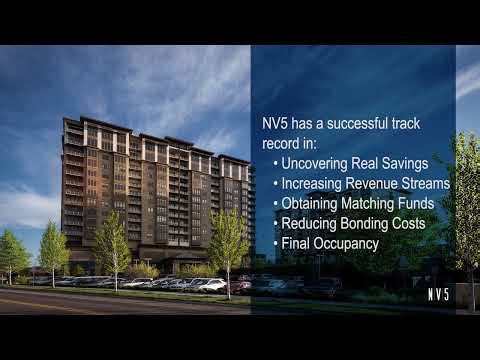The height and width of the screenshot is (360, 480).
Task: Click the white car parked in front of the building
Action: (x=211, y=285)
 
